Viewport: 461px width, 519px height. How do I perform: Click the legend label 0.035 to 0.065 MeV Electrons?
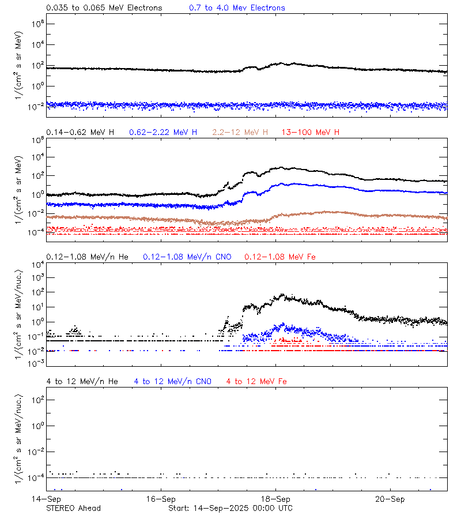coord(104,8)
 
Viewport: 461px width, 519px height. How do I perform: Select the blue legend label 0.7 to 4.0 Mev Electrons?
coord(237,8)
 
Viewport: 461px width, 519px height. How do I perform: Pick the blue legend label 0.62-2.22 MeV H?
coord(163,133)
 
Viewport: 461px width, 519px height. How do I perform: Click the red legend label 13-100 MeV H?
coord(311,133)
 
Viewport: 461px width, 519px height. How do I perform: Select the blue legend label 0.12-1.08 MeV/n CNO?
coord(187,257)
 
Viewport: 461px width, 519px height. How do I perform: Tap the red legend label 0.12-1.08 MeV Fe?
coord(280,257)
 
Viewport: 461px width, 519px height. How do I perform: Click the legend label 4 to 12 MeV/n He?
coord(82,381)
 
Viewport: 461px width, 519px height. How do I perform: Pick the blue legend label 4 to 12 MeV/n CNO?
coord(172,381)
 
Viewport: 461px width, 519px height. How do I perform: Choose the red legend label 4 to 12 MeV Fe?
coord(256,381)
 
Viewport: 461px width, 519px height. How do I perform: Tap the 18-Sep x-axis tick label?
coord(275,498)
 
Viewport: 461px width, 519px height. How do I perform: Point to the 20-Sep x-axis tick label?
coord(390,498)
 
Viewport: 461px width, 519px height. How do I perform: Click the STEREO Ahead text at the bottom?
coord(73,508)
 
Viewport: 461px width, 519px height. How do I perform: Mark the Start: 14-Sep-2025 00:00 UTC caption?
coord(230,508)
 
